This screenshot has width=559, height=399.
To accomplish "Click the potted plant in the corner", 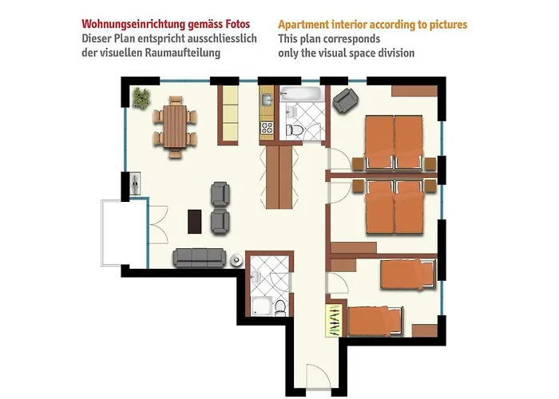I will tap(141, 97).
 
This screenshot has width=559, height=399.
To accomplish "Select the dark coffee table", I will tap(192, 219).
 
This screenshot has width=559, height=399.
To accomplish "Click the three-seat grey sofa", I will tap(199, 256).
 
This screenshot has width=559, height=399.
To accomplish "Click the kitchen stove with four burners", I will tap(266, 127).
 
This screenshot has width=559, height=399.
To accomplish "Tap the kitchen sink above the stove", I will tap(266, 101).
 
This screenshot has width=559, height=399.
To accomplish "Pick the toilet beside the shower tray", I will tap(278, 307).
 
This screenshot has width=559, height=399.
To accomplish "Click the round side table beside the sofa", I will tap(236, 259).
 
